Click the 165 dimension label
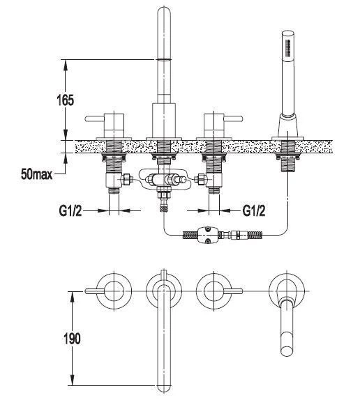[x=65, y=100]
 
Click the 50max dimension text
[x=37, y=174]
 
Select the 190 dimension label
[x=72, y=339]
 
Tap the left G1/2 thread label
[x=70, y=211]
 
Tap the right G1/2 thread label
[x=254, y=210]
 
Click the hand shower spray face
[x=288, y=47]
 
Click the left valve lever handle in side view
[x=94, y=118]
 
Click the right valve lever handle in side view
[x=233, y=118]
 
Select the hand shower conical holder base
[x=287, y=125]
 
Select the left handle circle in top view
[x=114, y=291]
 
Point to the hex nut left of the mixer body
[x=127, y=180]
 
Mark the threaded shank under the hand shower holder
[x=287, y=164]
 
